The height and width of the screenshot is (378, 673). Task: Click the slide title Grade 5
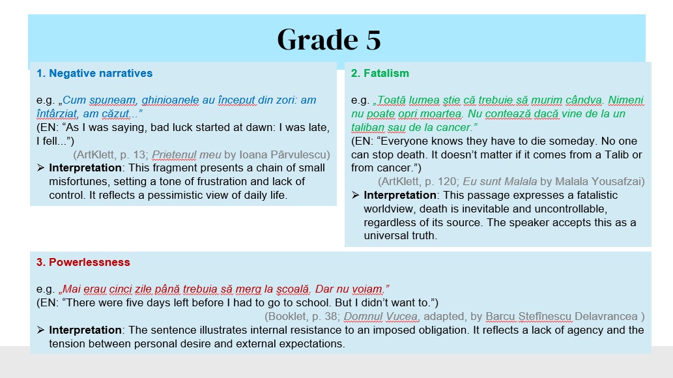click(x=329, y=40)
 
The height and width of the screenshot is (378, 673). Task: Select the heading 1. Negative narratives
click(x=94, y=73)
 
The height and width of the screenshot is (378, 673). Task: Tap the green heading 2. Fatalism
click(x=380, y=73)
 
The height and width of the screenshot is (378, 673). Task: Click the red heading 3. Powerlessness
click(x=83, y=262)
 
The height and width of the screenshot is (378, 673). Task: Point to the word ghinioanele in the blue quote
click(x=170, y=100)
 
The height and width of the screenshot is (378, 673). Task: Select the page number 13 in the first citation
click(x=139, y=154)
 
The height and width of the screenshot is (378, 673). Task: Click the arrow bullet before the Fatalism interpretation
click(x=355, y=195)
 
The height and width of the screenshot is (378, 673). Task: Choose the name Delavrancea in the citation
click(x=606, y=317)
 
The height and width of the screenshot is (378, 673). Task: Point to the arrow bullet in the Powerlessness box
click(x=40, y=330)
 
